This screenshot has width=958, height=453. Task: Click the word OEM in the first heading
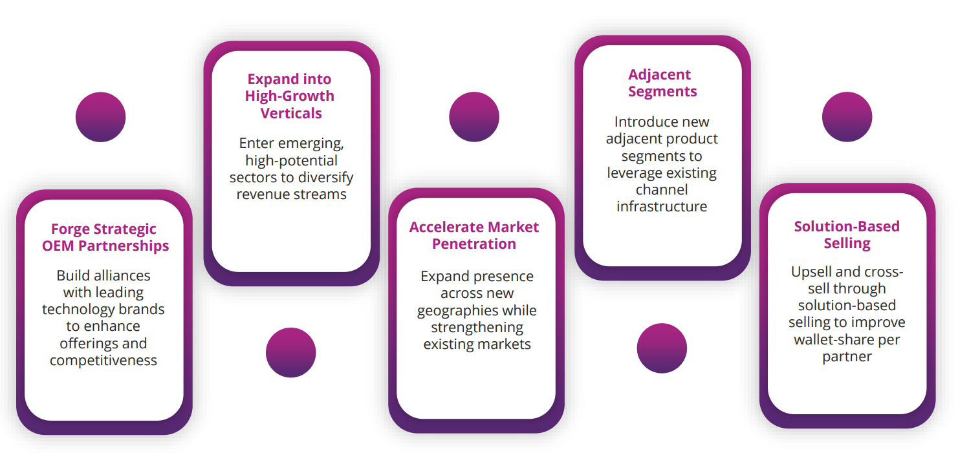(x=58, y=246)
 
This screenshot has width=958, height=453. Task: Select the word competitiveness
(x=103, y=360)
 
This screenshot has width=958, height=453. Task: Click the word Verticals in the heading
(x=291, y=113)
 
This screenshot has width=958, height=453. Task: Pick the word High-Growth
(x=290, y=96)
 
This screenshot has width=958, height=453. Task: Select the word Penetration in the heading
(x=474, y=244)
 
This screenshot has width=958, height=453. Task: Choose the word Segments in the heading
(x=662, y=92)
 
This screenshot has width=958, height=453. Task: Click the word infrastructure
(x=662, y=206)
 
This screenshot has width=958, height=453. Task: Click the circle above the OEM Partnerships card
(x=100, y=117)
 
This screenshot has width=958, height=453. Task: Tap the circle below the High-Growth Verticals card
(x=291, y=353)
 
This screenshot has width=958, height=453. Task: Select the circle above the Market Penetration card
(x=474, y=117)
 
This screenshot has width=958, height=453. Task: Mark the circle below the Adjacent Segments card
(x=662, y=348)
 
